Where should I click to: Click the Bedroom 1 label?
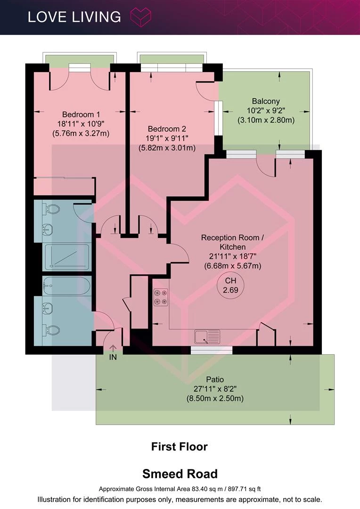pos(81,115)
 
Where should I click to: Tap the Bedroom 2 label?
pos(167,129)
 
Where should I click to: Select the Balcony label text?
pos(266,101)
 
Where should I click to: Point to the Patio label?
pos(215,379)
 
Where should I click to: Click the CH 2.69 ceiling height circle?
pos(230,285)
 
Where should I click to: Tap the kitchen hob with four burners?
pos(161,297)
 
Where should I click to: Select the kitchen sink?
pos(207,337)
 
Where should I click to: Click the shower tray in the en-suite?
pos(67,257)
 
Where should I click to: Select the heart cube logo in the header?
pos(140,17)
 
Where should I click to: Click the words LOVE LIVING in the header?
pos(74,17)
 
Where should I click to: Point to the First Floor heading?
pos(180,447)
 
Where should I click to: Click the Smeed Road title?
pos(180,474)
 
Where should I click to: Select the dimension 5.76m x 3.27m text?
pos(81,133)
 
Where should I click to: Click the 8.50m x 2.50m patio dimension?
pos(215,398)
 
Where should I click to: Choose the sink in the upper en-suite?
pos(48,230)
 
